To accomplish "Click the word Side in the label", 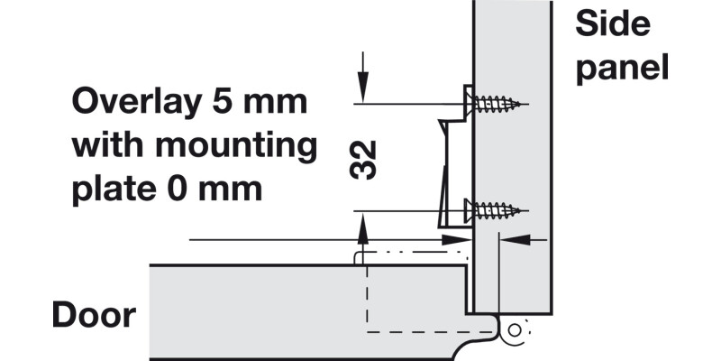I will (x=613, y=24).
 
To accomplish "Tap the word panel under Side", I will (x=623, y=67).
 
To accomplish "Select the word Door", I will (x=94, y=316).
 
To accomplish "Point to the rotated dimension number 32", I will (x=364, y=159).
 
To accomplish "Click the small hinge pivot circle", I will (x=516, y=331).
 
